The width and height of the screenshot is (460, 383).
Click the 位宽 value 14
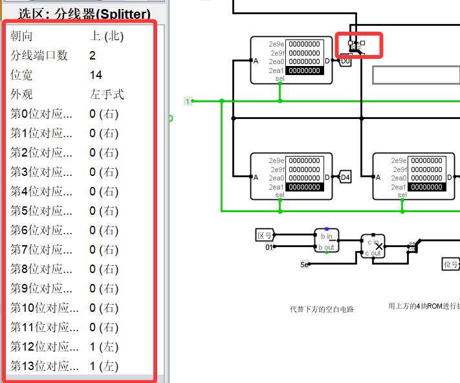[96, 75]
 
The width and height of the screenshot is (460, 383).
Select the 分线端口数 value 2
[93, 56]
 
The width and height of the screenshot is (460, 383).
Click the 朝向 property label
[21, 36]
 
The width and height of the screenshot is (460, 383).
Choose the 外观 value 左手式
[107, 94]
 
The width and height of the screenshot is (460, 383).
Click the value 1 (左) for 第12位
[104, 347]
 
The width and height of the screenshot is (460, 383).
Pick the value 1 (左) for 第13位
[104, 366]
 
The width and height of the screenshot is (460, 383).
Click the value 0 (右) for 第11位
[104, 327]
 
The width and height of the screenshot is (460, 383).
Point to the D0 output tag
[345, 61]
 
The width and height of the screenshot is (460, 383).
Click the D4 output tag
[345, 177]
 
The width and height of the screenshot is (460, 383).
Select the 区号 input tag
[265, 235]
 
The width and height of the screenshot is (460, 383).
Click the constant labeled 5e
[304, 264]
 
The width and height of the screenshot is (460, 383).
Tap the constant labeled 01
[269, 246]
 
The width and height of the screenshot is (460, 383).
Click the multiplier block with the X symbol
[373, 246]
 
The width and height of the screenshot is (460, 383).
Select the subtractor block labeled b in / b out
[326, 240]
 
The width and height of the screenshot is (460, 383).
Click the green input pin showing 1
[188, 101]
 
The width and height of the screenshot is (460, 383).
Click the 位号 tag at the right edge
[451, 264]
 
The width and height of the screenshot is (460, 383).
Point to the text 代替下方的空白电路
[322, 309]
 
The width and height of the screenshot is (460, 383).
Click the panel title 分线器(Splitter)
[84, 13]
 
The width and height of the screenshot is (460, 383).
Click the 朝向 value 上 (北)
[107, 36]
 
